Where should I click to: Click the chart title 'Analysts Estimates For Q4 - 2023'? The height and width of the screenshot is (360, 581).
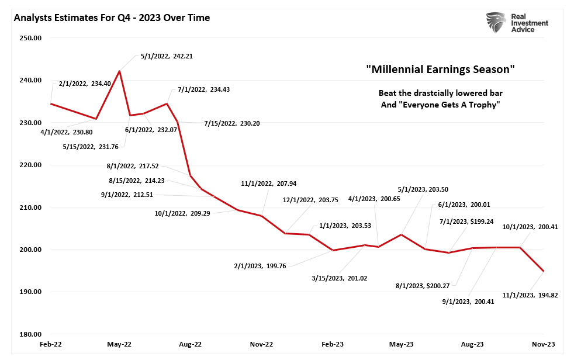coord(112,18)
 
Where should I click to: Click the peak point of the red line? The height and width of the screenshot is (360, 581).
coord(120,71)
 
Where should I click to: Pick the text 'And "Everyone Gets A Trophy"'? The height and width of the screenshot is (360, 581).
coord(440,105)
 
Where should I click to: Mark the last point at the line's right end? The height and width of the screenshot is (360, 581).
coord(544,271)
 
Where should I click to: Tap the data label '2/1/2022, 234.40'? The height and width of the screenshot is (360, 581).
coord(85,84)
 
